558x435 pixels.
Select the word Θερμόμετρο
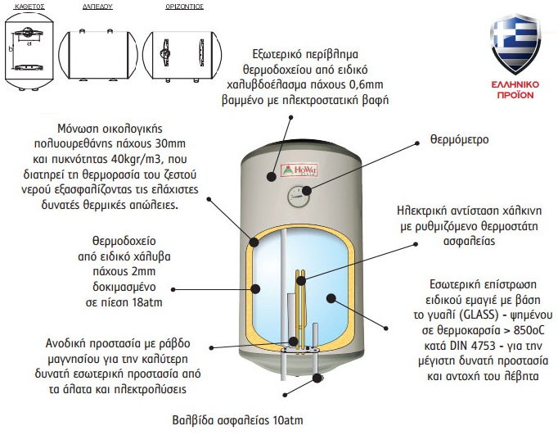[x=460, y=140]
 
